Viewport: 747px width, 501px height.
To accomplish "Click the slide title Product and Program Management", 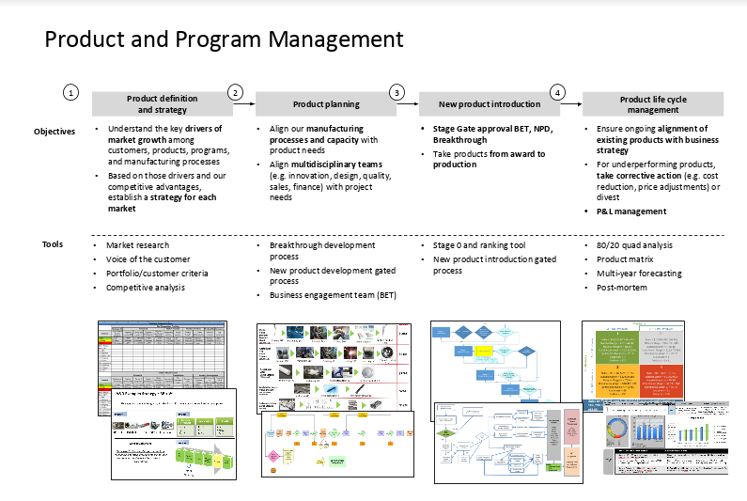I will point(224,39).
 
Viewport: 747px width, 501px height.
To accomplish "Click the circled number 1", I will point(71,92).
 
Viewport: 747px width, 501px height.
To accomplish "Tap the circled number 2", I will point(235,92).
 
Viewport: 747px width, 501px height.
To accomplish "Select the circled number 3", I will point(397,92).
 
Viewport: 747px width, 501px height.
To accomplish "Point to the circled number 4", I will point(558,92).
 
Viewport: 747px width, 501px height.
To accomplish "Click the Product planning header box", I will point(321,104).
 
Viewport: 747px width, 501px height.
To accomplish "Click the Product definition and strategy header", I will point(157,104).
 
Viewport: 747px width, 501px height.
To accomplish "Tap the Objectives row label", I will point(54,132).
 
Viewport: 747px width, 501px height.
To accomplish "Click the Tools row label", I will point(53,244).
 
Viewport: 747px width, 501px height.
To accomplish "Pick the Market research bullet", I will point(138,245).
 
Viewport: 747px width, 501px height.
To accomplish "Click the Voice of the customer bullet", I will point(148,259).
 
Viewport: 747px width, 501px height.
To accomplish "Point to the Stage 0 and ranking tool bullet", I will point(479,245).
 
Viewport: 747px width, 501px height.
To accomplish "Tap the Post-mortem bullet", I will point(622,288).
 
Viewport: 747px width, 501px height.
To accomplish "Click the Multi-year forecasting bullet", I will point(639,274).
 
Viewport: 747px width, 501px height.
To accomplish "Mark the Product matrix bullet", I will point(625,259).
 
